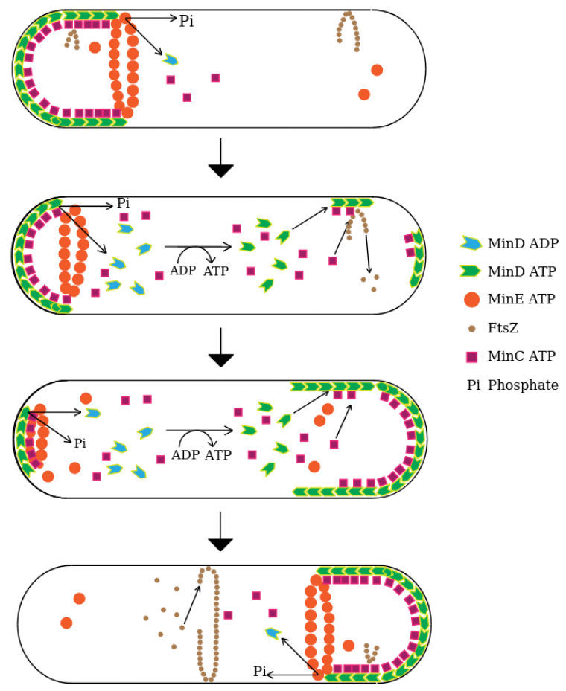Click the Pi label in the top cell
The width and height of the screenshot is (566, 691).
(x=186, y=22)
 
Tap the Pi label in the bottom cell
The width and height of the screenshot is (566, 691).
(x=259, y=672)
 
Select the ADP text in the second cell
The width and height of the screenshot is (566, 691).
(x=182, y=271)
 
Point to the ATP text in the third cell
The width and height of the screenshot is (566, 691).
(x=218, y=455)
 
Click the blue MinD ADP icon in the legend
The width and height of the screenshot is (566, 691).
(x=471, y=243)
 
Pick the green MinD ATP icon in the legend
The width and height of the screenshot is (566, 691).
(x=471, y=271)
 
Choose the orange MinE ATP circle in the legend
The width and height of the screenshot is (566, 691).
(x=471, y=300)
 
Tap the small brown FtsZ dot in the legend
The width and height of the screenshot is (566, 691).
(x=471, y=328)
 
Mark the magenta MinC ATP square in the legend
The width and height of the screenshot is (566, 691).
(x=471, y=357)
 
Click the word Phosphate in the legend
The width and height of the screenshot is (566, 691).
(x=523, y=385)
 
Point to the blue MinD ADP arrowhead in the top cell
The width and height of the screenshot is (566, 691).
(x=171, y=60)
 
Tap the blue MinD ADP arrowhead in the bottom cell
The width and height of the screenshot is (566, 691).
(x=273, y=633)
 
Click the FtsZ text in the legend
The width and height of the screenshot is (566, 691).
(x=503, y=328)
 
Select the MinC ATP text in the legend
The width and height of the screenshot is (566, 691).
(x=521, y=357)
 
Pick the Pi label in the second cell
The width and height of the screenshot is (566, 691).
(x=123, y=204)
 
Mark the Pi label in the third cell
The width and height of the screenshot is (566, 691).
(x=80, y=443)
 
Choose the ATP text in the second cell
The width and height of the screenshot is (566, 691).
(x=216, y=271)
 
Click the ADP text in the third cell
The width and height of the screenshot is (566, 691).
(x=185, y=455)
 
